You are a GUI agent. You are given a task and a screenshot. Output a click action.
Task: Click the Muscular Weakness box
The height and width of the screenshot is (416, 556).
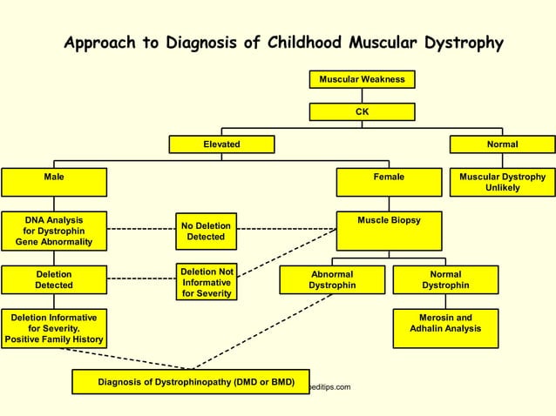(x=362, y=79)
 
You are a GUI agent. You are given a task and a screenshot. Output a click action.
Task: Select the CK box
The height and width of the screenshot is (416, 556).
(x=362, y=111)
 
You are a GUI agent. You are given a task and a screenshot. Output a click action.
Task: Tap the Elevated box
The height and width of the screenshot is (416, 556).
(x=221, y=144)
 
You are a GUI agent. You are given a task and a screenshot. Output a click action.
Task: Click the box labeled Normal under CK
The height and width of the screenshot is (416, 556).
(x=502, y=144)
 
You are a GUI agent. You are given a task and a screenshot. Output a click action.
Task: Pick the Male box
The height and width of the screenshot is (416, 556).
(x=54, y=182)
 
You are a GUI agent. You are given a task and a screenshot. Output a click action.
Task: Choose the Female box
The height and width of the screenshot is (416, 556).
(x=389, y=182)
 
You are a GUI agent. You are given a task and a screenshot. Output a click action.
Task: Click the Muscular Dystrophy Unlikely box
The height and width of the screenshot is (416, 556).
(x=502, y=182)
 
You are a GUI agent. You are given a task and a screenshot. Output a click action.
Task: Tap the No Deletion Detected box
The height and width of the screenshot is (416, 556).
(x=206, y=231)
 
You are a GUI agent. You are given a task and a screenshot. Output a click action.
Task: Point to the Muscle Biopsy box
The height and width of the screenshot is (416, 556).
(x=389, y=231)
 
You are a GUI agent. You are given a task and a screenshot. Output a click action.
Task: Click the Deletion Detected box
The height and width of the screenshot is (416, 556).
(x=54, y=279)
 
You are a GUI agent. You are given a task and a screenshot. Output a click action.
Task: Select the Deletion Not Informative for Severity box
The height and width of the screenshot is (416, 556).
(x=206, y=282)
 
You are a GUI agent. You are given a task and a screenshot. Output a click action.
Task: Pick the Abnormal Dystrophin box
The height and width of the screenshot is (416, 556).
(x=332, y=279)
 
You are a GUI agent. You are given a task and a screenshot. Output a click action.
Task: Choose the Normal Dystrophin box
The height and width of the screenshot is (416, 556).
(x=445, y=279)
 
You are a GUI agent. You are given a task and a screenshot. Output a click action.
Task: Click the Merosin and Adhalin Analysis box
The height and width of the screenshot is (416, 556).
(x=445, y=328)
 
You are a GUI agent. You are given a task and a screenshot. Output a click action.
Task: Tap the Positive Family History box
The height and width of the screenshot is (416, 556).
(x=54, y=328)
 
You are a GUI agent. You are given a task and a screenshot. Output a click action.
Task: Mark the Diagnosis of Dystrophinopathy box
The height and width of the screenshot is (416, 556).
(x=190, y=381)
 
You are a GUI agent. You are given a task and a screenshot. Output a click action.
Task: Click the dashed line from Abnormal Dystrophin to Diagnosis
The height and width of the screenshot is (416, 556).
(x=261, y=332)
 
